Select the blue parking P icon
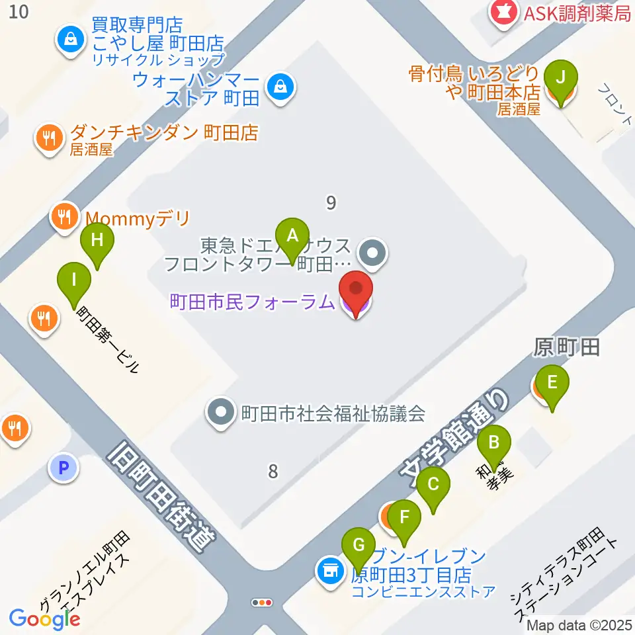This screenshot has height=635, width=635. coord(63,469)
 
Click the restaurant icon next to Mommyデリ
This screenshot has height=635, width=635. coord(63,216)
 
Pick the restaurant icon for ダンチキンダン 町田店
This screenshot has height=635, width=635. coord(48,138)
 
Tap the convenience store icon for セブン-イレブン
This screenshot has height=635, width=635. coord(330,569)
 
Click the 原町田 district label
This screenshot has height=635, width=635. coord(566,347)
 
